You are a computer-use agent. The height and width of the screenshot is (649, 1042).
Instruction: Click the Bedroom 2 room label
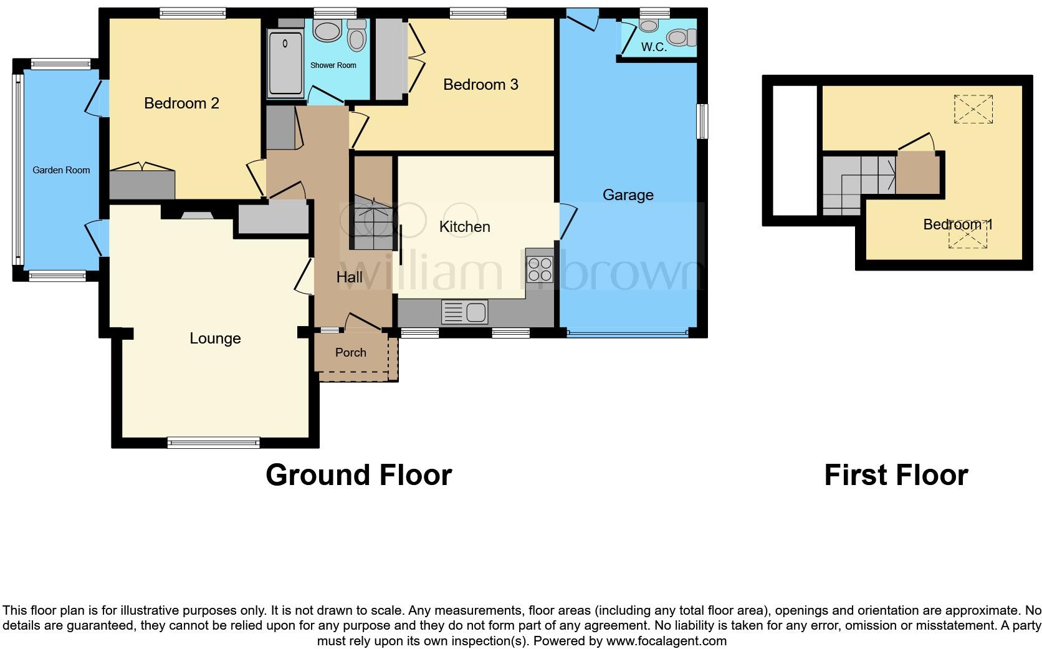click(x=181, y=103)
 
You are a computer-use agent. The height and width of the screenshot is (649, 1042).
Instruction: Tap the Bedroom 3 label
click(x=480, y=85)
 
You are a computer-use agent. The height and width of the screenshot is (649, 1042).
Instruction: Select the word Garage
click(x=628, y=195)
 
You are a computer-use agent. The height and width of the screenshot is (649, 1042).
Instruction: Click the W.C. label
click(x=654, y=47)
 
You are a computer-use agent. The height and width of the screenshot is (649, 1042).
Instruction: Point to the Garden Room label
click(x=61, y=170)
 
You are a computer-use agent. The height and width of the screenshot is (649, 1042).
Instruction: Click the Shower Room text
click(x=333, y=65)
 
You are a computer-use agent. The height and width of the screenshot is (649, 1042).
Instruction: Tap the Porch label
click(x=351, y=353)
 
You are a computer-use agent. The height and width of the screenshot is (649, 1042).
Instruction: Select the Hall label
click(x=349, y=277)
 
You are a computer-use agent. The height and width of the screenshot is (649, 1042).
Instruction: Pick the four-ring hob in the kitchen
click(x=540, y=269)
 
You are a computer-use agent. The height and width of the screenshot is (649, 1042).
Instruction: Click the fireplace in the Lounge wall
click(x=196, y=216)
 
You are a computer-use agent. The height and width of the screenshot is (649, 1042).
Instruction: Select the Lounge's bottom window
click(x=213, y=443)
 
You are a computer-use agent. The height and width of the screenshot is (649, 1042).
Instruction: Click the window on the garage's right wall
click(x=702, y=121)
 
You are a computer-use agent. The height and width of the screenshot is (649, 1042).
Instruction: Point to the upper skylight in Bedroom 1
click(x=973, y=110)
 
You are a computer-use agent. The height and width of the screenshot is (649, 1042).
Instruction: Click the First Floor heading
click(x=896, y=476)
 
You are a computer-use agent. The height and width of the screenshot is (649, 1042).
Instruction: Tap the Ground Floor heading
click(x=358, y=476)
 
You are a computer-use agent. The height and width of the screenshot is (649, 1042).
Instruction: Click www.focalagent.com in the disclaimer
click(x=666, y=641)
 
